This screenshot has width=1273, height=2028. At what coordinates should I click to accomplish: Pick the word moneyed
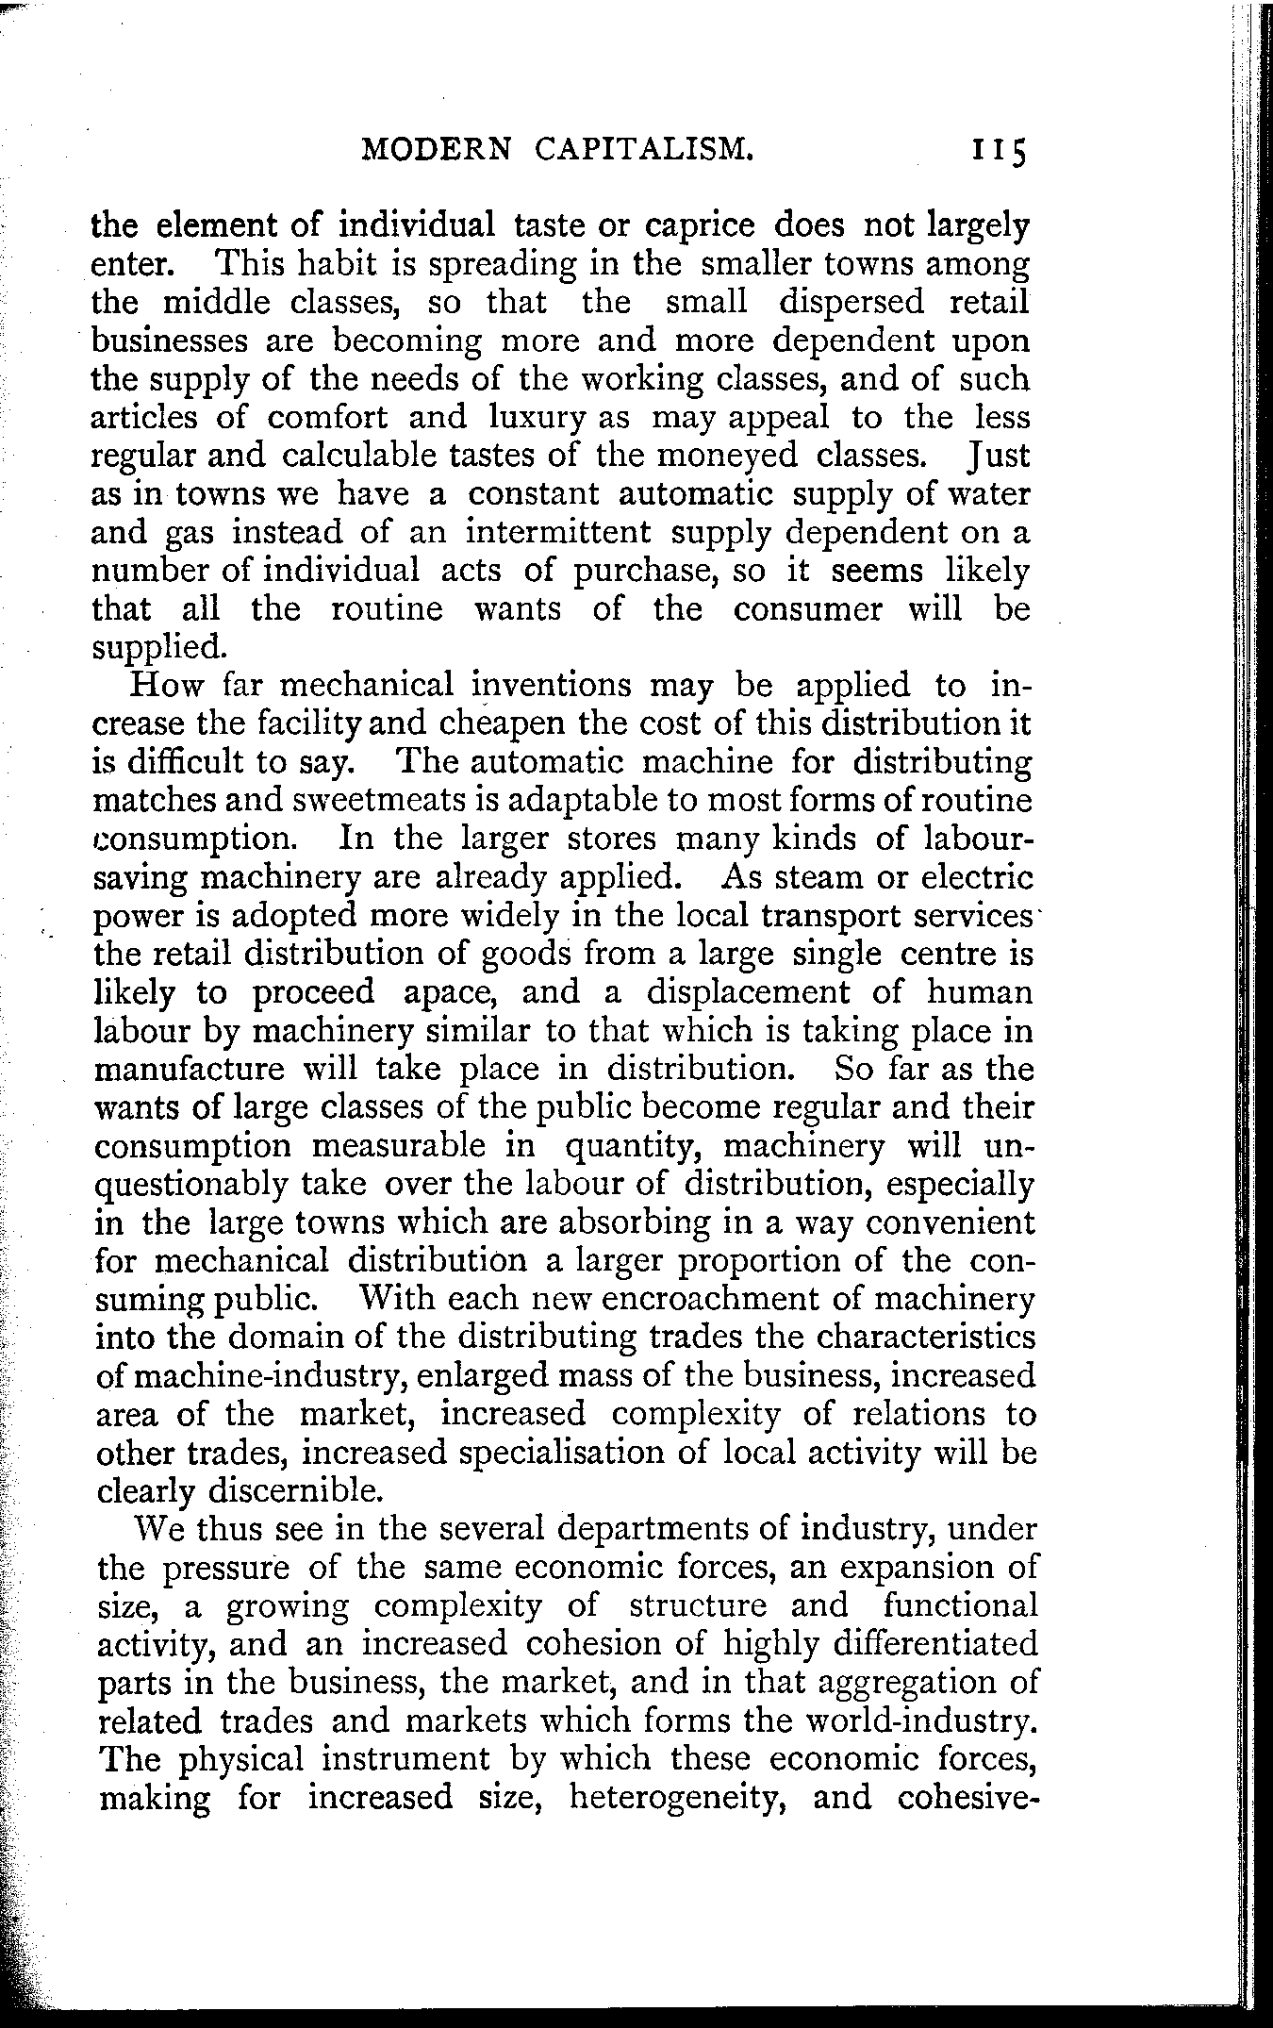point(728,457)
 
